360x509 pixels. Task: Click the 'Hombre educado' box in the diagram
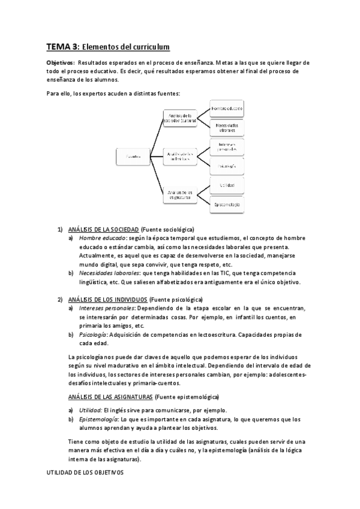(x=226, y=108)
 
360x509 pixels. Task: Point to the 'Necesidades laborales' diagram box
(x=226, y=127)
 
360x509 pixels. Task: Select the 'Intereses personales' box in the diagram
(x=226, y=146)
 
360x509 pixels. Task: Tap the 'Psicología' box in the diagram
(x=226, y=166)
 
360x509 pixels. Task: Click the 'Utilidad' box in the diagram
(x=226, y=185)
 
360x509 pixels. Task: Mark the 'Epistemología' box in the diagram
(x=226, y=205)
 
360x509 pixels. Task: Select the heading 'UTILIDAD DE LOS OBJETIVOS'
(x=85, y=473)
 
